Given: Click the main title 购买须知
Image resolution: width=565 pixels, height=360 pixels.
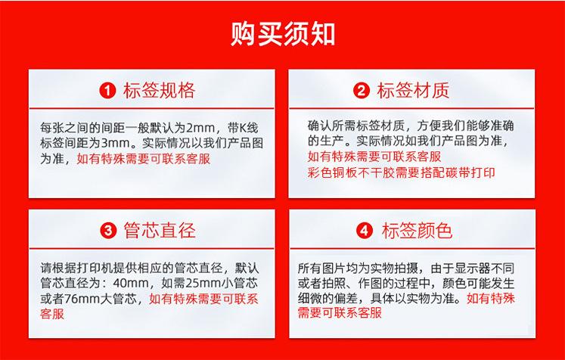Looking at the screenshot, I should click(x=282, y=34).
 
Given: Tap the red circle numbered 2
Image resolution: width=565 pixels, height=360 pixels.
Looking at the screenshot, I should click(x=362, y=91).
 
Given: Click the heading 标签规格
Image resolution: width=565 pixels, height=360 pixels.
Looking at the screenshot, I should click(x=159, y=91).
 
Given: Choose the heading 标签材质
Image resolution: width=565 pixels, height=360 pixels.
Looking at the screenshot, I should click(x=413, y=91).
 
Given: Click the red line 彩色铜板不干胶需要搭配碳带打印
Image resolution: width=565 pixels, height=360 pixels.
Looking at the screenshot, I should click(x=401, y=173).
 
